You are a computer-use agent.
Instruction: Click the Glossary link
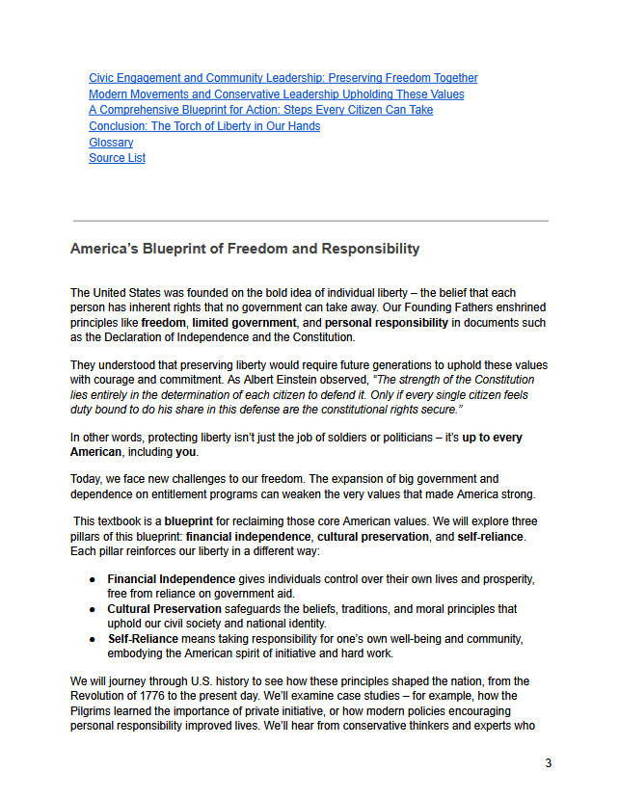111,143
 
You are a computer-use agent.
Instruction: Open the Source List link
117,158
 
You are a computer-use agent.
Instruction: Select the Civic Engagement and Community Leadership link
283,78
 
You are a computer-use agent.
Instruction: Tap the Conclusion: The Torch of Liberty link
204,126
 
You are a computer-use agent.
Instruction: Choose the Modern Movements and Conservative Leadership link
276,94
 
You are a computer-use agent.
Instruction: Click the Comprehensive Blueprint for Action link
260,110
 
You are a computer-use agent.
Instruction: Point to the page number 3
549,763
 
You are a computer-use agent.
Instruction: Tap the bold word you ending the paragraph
185,452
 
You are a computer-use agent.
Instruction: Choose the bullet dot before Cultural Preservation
92,609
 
